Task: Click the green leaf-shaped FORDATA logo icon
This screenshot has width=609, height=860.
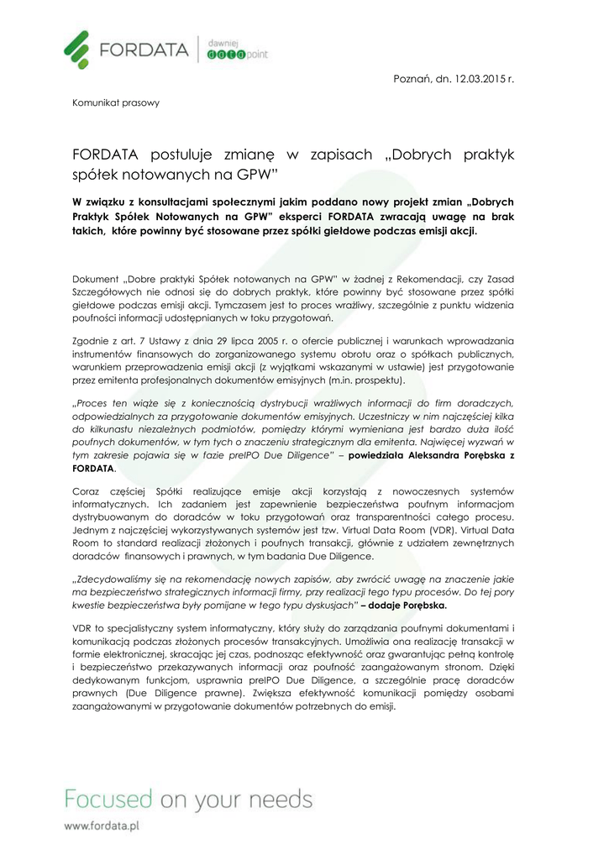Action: point(77,49)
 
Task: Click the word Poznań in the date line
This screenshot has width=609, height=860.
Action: point(413,78)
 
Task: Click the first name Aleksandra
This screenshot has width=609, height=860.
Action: point(431,454)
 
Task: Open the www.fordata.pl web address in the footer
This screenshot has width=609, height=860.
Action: point(102,826)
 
